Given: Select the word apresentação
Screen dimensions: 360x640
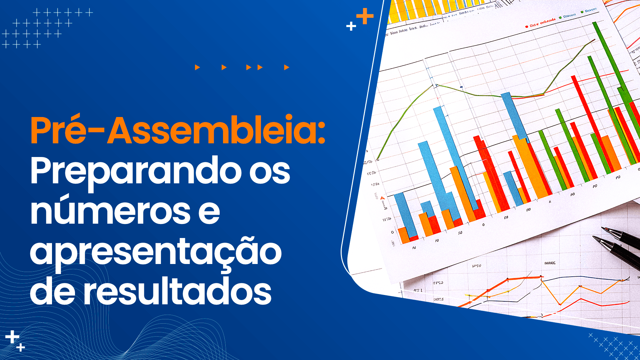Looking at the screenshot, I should pos(156,252).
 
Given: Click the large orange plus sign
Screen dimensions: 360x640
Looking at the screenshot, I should pos(365,16).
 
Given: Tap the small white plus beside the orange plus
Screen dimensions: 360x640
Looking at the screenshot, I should pos(351,26).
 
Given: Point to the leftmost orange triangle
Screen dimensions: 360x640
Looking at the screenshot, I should pos(197,67).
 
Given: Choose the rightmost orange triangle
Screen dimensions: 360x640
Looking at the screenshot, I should pos(286,67).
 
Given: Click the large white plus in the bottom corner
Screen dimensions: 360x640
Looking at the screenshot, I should pos(12,337).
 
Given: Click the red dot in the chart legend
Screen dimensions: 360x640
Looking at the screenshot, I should pos(527,26).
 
